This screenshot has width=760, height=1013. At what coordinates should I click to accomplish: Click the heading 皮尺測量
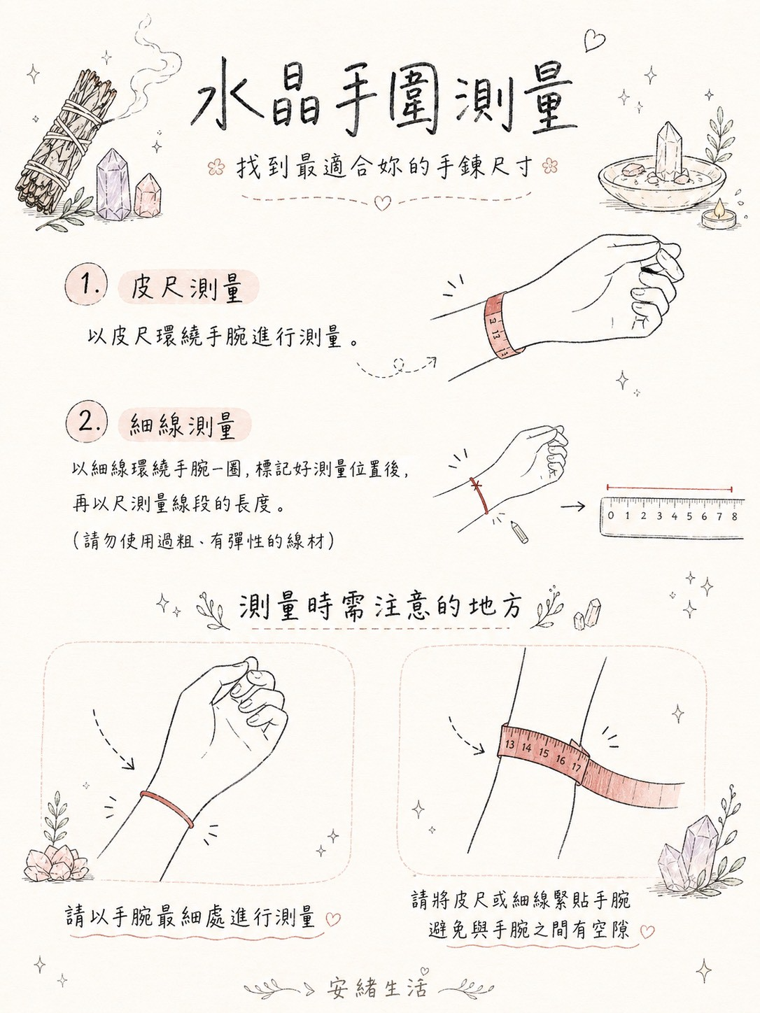click(187, 287)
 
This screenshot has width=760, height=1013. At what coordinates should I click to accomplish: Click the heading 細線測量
click(183, 425)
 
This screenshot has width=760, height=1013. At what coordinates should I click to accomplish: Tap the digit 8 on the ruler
click(734, 516)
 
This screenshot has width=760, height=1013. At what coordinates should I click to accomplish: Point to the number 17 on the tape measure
click(575, 768)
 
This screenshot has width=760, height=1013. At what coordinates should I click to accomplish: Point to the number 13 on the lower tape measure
click(510, 744)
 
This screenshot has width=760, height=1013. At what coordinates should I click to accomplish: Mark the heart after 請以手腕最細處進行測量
click(332, 919)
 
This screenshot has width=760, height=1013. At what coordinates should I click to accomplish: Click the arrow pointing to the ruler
click(572, 506)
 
